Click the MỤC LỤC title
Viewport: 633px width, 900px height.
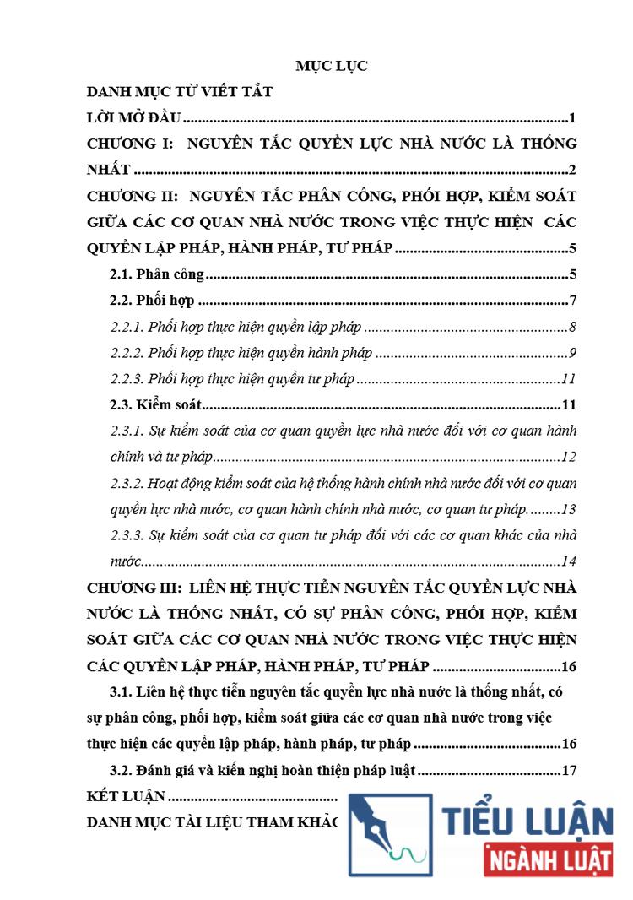tap(331, 66)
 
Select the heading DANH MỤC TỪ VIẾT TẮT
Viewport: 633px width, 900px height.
tap(180, 91)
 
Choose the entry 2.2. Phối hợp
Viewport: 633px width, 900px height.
tap(153, 301)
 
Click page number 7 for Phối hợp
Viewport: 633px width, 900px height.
tap(572, 301)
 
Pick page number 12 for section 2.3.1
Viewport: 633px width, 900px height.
tap(568, 458)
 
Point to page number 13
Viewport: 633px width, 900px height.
tap(568, 510)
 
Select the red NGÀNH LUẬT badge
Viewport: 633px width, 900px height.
tap(549, 862)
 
